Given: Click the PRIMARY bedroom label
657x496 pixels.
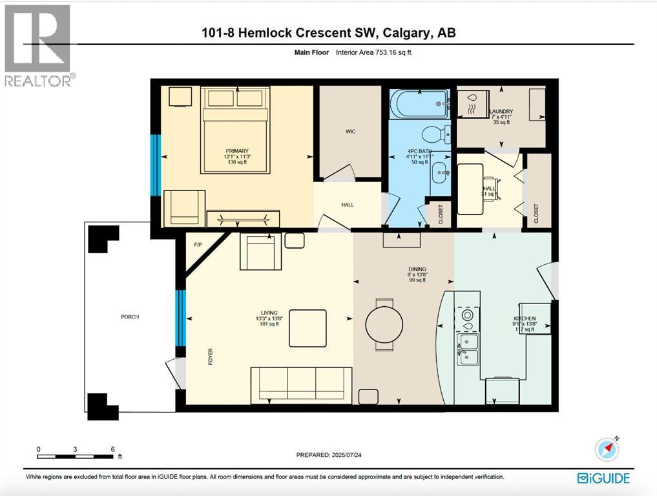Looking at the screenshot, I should (x=236, y=151).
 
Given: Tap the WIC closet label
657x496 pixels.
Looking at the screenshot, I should (x=350, y=131).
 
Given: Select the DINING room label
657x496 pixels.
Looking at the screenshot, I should (x=417, y=269).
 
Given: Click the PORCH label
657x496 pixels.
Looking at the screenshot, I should (x=129, y=316).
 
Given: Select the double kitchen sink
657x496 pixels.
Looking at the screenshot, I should (x=468, y=349).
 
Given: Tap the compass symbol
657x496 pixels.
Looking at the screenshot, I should (x=607, y=449).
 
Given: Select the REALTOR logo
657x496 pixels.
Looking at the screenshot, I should (x=38, y=45).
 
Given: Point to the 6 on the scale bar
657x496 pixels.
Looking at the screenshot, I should (x=112, y=449).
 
